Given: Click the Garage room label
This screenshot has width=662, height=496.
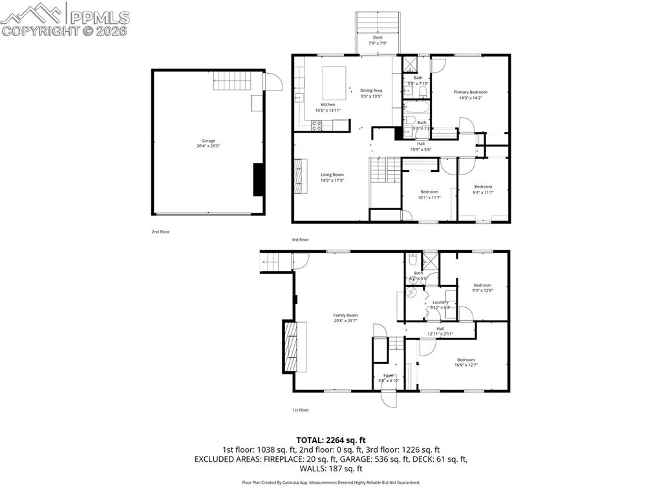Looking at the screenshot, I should [x=208, y=141].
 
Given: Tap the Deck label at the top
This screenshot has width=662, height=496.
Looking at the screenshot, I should [x=378, y=38].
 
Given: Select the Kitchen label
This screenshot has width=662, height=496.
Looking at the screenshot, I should [x=328, y=105].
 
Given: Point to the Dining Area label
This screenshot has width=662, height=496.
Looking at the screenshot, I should [x=371, y=91].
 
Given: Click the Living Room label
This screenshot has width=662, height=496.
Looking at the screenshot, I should [x=332, y=175].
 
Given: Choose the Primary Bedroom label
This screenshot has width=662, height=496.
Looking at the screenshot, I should [x=470, y=92].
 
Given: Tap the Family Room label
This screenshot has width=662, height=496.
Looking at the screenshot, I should [x=345, y=316].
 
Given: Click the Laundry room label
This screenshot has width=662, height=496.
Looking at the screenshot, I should [x=440, y=303].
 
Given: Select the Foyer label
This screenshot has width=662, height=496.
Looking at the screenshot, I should [x=389, y=376].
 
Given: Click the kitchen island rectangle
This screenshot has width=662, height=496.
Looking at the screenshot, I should [x=334, y=82].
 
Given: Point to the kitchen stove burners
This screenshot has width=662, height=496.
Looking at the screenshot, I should [x=317, y=126].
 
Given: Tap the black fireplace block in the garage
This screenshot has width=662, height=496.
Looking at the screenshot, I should [x=258, y=179].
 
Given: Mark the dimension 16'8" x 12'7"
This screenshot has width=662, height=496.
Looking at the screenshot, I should [x=465, y=365].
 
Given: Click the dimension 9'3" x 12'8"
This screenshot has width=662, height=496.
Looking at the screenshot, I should [x=482, y=291].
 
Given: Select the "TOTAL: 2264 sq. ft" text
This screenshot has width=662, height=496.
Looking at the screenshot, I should [x=330, y=440].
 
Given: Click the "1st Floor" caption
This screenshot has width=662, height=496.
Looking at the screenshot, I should [x=300, y=410].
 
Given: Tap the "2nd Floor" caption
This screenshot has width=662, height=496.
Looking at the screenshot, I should [x=160, y=232].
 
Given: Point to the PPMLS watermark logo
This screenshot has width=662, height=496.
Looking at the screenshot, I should [x=65, y=19].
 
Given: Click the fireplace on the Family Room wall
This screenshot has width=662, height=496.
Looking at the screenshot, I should [x=294, y=346].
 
